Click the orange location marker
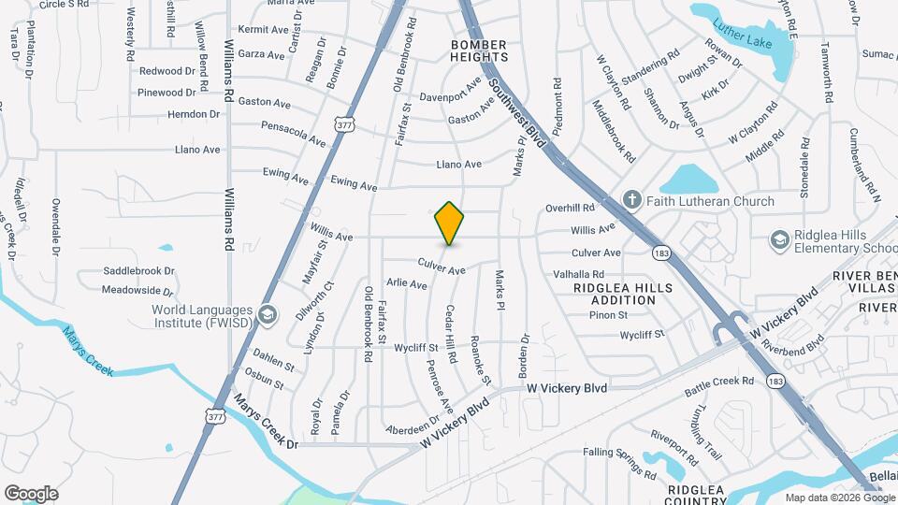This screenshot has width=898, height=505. click(x=449, y=223)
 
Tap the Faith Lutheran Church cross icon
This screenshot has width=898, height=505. click(x=632, y=200)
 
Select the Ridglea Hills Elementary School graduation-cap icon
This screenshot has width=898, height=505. click(x=779, y=240)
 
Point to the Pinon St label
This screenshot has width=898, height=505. click(x=608, y=314)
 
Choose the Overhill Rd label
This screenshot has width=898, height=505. click(x=570, y=208)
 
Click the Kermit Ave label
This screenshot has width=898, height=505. click(x=263, y=30)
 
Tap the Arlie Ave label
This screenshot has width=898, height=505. click(x=407, y=283)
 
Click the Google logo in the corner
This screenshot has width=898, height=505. click(x=31, y=494)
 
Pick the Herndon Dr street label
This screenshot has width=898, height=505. click(x=194, y=114)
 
